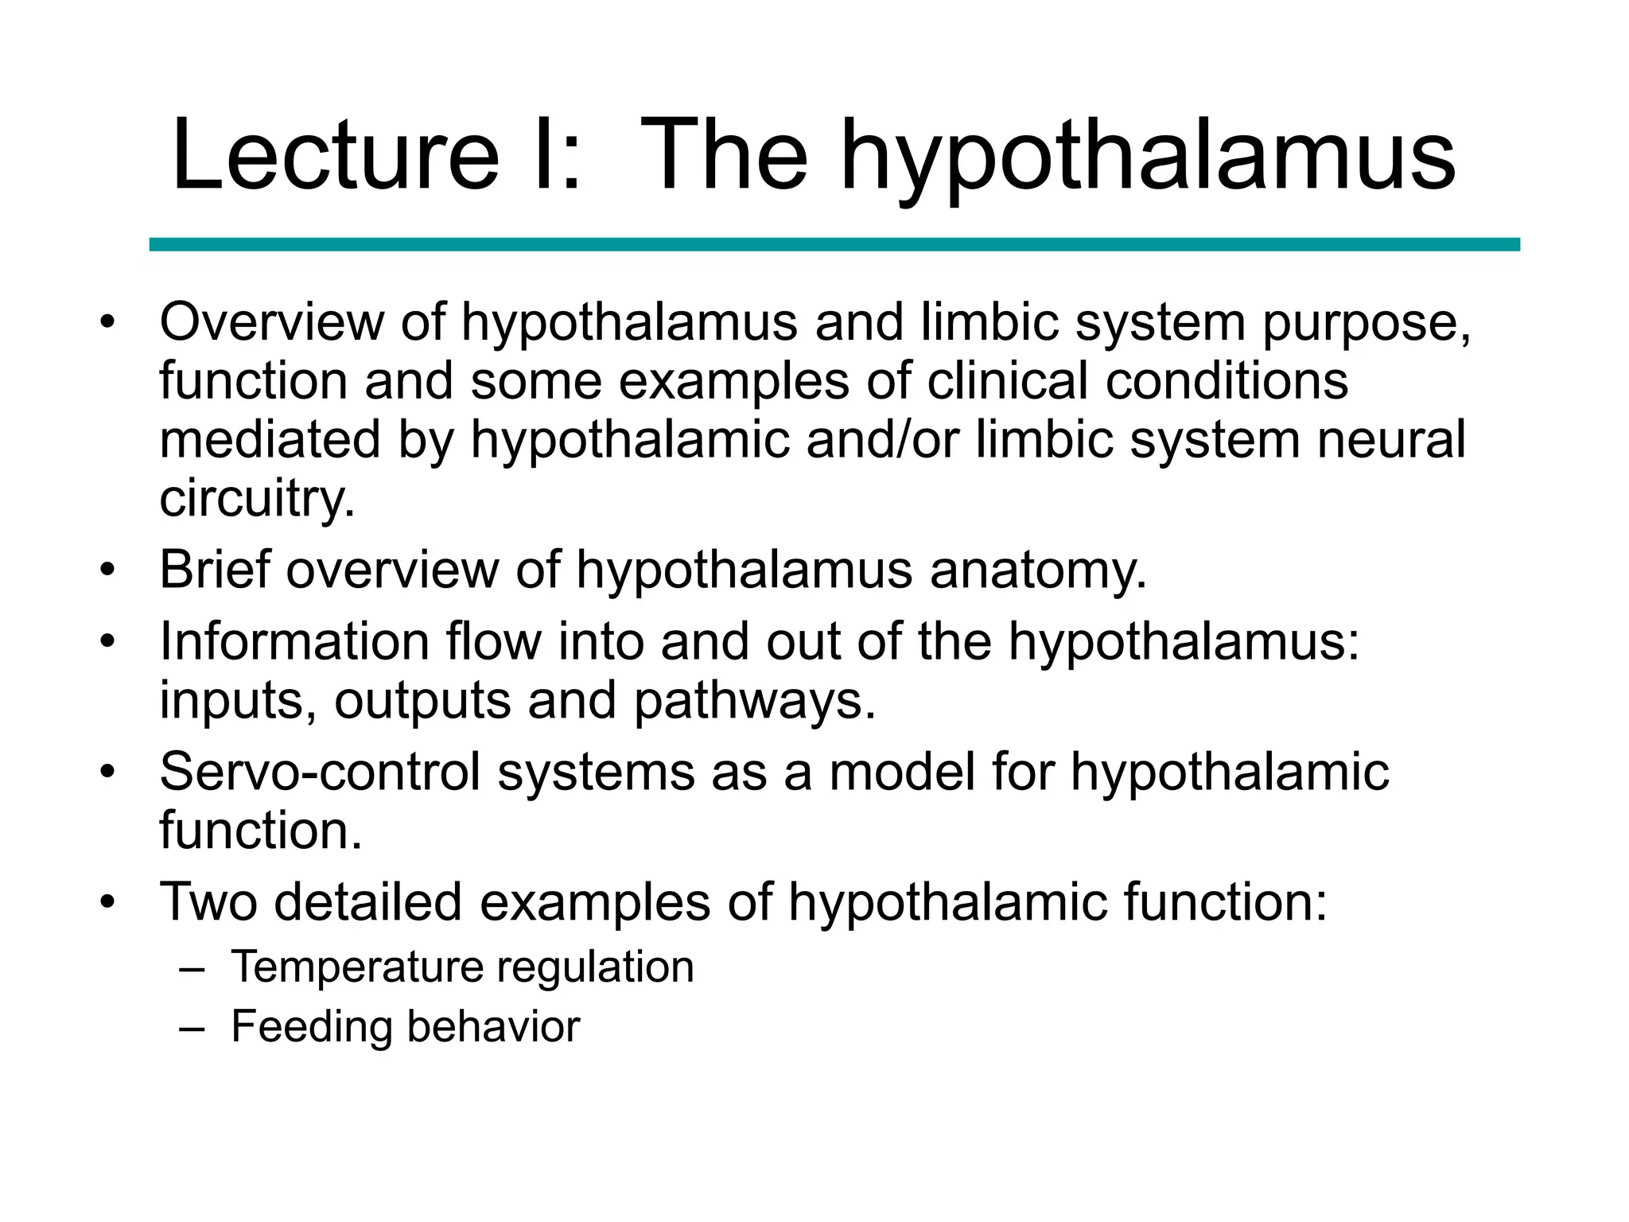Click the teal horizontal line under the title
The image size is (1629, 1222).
(834, 244)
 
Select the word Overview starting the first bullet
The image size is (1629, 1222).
(271, 322)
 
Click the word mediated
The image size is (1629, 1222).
(270, 439)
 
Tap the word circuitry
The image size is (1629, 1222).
(257, 500)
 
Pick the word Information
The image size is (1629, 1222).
(294, 641)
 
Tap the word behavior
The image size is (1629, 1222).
(494, 1026)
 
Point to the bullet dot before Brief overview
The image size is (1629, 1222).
(108, 570)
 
